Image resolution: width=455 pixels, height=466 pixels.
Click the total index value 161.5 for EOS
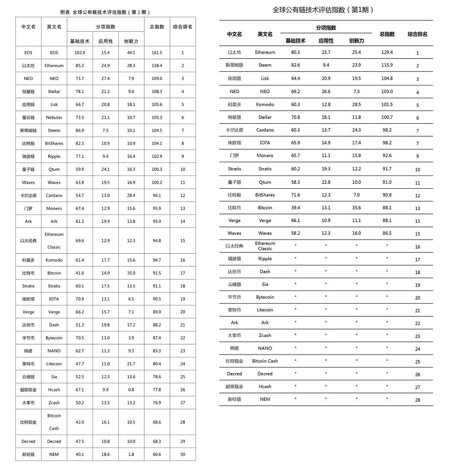(x=157, y=53)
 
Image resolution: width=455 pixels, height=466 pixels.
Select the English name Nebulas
(x=54, y=118)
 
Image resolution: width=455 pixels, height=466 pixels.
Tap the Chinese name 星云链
(x=28, y=118)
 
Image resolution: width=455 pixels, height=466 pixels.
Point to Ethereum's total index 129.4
(x=387, y=52)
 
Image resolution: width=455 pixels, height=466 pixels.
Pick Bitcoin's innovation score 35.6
(x=356, y=208)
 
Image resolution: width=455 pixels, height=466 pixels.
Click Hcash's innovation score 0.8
(x=131, y=390)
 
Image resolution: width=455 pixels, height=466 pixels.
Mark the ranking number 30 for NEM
(x=182, y=455)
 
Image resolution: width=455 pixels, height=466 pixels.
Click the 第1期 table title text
(x=323, y=10)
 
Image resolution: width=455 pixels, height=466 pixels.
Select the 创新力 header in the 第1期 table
(x=356, y=40)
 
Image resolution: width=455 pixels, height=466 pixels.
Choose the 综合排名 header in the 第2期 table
(x=182, y=27)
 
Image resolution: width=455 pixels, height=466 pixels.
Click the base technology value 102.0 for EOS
(x=80, y=53)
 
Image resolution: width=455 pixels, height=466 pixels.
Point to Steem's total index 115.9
(x=387, y=65)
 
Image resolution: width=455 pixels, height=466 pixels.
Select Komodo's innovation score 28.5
(x=356, y=105)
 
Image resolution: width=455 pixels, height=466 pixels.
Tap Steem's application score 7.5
(x=106, y=130)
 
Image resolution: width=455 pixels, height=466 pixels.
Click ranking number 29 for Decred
(x=182, y=441)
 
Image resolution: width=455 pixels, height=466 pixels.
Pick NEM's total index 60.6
(x=157, y=455)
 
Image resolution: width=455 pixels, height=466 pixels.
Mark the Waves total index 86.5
(x=387, y=233)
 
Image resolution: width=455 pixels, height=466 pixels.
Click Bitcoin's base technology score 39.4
(x=295, y=208)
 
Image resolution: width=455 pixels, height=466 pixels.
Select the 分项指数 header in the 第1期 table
(x=326, y=28)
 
